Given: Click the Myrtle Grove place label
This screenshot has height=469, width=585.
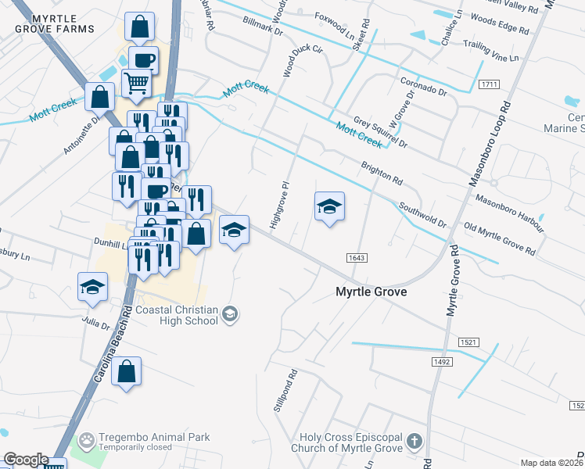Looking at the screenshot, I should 371,292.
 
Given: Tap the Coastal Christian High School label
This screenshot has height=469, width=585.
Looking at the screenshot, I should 178,314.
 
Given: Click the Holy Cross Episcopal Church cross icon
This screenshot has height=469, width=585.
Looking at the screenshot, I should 415,442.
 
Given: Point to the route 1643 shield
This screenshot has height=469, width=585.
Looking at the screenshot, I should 355,257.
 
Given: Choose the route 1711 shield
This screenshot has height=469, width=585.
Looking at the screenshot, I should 490,84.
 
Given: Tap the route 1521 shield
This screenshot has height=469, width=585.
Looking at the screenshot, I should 469,343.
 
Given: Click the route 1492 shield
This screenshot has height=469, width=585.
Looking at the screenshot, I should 442,361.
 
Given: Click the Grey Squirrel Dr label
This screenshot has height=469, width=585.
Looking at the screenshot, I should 381,134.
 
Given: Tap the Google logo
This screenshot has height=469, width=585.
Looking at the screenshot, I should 26,460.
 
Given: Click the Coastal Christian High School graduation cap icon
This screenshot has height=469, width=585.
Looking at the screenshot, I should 230,314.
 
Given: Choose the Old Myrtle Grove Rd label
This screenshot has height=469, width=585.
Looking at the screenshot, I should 499,238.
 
